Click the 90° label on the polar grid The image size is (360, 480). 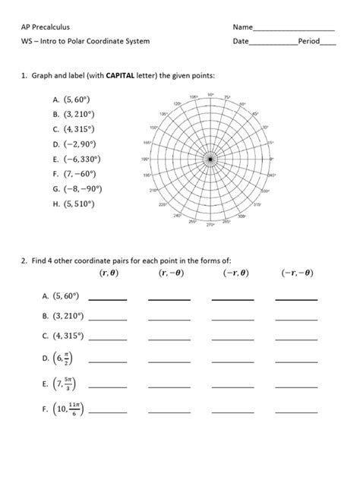[x=210, y=96]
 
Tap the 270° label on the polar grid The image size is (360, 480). [x=210, y=225]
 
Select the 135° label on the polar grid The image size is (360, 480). [x=163, y=113]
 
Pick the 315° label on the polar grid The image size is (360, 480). [x=257, y=204]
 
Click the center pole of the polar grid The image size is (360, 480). [x=210, y=159]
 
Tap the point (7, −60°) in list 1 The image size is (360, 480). [x=81, y=173]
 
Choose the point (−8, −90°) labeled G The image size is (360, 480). [x=83, y=188]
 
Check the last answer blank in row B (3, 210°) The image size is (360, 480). [x=296, y=317]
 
